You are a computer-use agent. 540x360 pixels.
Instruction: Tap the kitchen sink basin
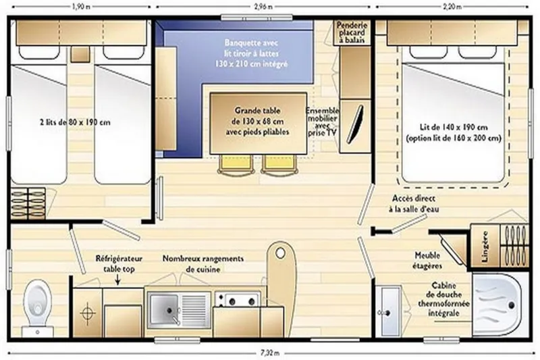click(163, 310)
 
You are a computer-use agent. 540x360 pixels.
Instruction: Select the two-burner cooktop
click(237, 299)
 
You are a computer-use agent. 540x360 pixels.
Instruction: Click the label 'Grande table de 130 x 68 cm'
click(257, 120)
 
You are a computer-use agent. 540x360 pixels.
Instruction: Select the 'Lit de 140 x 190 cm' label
click(454, 132)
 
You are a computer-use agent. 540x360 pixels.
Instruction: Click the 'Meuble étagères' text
click(429, 260)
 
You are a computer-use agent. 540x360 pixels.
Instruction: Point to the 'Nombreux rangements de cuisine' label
click(202, 263)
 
